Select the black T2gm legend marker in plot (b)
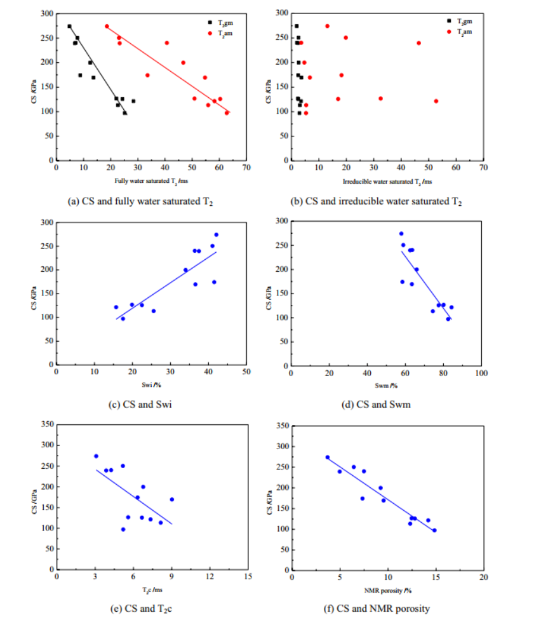[x=449, y=21]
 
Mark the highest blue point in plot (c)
[x=216, y=234]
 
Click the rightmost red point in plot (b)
[x=436, y=101]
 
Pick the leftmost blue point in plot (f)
[x=328, y=457]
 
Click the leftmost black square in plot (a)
[x=69, y=26]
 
